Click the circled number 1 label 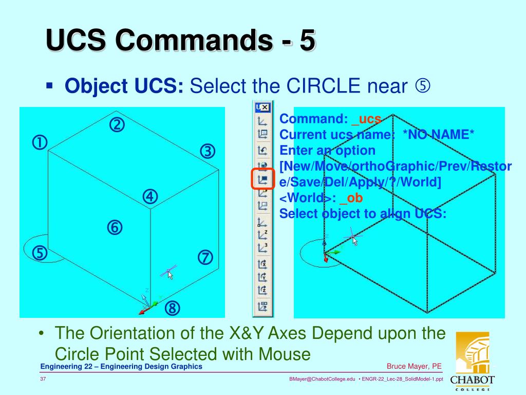[40, 142]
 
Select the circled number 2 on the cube [117, 124]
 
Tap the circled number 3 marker [207, 151]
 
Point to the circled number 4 [150, 196]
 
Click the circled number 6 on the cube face [115, 227]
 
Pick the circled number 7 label [205, 257]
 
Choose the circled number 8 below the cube [173, 309]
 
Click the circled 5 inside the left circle [40, 253]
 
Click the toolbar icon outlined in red [263, 179]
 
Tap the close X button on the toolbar [265, 107]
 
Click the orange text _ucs [366, 119]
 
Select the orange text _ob [354, 197]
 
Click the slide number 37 [44, 379]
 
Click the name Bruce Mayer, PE [414, 366]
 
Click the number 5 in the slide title [307, 41]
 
